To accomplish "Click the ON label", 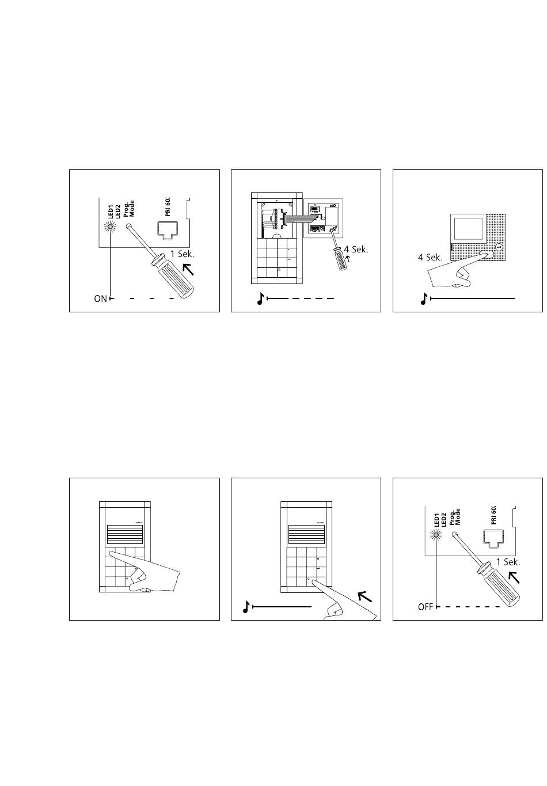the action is [x=101, y=299].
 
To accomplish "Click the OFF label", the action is [x=426, y=607].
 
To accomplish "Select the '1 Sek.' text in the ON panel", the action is [x=184, y=254].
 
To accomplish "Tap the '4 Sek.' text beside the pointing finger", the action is [x=430, y=258].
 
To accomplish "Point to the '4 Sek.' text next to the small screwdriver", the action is [x=356, y=250].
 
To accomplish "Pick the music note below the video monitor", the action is [x=424, y=298].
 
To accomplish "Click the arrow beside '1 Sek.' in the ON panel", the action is [x=188, y=269].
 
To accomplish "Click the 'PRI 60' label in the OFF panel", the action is [x=493, y=514].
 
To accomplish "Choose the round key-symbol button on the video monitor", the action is [x=499, y=247].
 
